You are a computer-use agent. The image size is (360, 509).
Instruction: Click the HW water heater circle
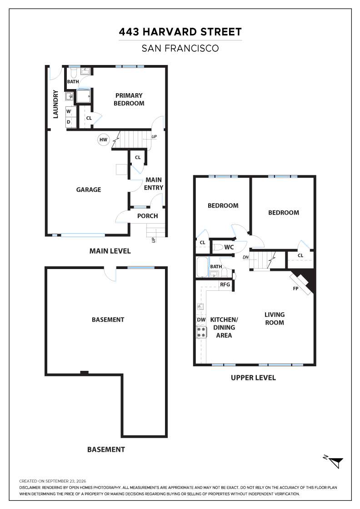103,140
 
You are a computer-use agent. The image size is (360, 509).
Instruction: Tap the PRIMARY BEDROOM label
129,100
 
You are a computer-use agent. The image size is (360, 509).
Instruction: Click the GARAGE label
89,190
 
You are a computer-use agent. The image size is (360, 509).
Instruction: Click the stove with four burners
201,332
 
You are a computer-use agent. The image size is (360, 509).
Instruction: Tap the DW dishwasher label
201,319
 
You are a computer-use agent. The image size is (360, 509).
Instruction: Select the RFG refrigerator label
225,284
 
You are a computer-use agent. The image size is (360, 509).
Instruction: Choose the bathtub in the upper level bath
202,267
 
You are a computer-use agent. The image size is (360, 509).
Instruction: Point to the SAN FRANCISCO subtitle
180,48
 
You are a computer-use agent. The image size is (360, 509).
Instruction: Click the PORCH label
148,216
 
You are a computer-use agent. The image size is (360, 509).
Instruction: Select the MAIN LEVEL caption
110,251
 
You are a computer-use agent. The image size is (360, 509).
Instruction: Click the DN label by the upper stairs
245,257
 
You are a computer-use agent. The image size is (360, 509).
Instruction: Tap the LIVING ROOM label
275,319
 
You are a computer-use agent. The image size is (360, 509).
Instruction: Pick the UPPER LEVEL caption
253,378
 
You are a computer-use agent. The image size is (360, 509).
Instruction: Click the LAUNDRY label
55,104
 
